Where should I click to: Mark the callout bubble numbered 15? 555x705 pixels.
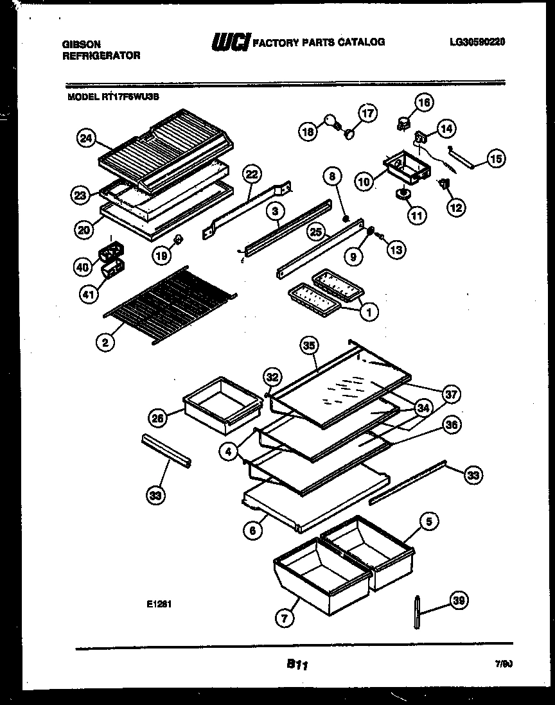click(x=497, y=158)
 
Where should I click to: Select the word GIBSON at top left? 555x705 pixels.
click(x=80, y=44)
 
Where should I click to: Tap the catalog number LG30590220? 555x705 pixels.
click(x=478, y=42)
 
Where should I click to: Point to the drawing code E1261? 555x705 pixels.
click(x=161, y=604)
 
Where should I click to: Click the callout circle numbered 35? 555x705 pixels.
click(x=310, y=345)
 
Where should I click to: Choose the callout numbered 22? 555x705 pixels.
click(x=252, y=175)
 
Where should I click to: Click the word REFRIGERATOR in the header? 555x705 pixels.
click(x=101, y=56)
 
